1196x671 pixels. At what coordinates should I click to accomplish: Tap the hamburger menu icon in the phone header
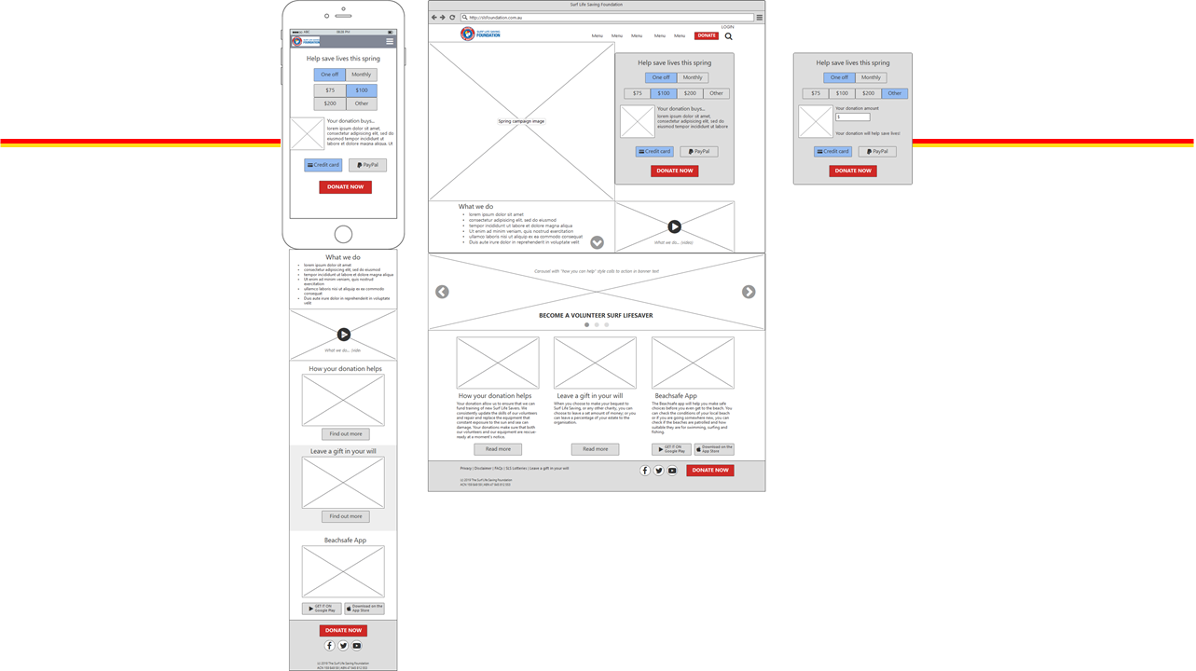390,42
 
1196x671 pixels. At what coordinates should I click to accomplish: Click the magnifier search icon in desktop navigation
729,36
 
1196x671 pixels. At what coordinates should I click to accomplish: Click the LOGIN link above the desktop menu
727,27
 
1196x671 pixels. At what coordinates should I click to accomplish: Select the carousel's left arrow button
442,292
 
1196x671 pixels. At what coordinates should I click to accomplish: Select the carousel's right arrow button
749,292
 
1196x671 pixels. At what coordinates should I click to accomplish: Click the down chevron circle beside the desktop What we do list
598,242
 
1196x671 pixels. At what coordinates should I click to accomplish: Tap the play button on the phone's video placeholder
344,335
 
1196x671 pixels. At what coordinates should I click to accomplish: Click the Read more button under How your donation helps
498,449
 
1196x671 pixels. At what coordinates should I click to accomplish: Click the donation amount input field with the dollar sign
853,117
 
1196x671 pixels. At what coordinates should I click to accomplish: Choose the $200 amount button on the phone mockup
330,103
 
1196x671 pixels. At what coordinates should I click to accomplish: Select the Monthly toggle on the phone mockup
362,75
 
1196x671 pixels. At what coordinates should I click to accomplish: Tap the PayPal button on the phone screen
368,165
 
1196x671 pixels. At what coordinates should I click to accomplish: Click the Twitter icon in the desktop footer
658,471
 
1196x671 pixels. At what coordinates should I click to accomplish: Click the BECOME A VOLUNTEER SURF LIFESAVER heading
596,316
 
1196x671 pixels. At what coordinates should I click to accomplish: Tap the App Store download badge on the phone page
364,609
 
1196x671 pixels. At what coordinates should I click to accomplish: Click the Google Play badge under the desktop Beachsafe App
671,449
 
